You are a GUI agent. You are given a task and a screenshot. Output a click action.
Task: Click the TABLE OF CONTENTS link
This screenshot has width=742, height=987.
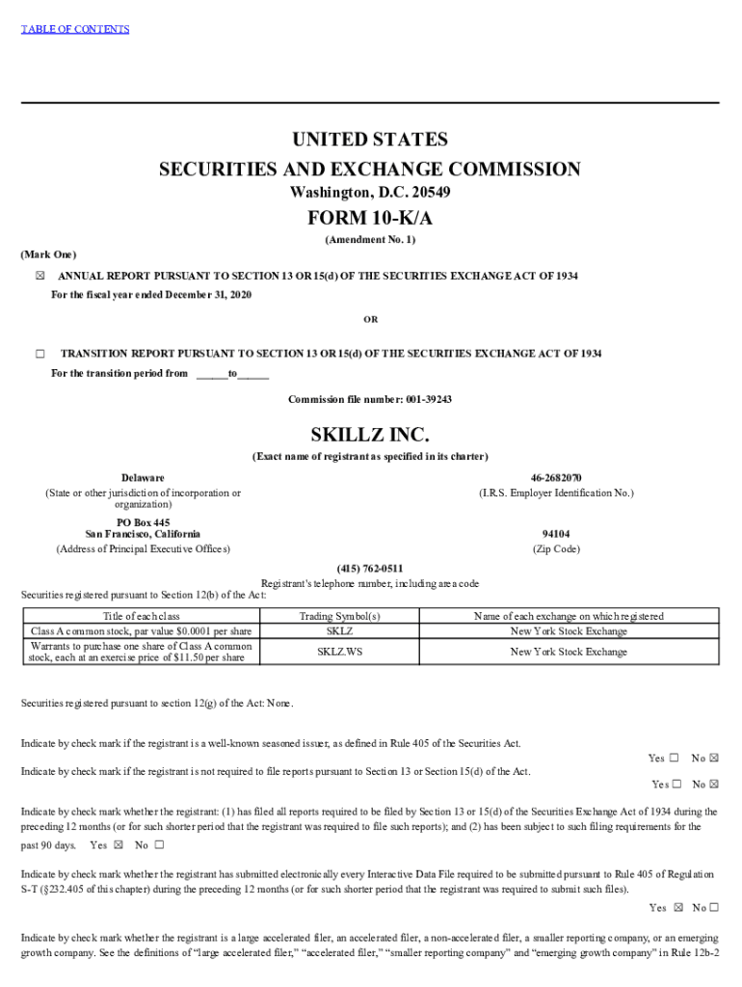tap(75, 29)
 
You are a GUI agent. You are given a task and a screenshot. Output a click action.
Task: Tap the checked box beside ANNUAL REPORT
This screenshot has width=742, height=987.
tap(40, 277)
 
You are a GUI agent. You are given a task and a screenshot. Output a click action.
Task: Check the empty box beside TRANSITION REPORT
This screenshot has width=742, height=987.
tap(40, 354)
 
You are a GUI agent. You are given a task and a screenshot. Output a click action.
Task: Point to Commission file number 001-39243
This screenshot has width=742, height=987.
tap(370, 399)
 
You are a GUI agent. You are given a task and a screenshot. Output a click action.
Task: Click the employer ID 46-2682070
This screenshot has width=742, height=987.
tap(556, 478)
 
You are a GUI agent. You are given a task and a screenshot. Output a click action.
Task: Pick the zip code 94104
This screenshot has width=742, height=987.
tap(556, 534)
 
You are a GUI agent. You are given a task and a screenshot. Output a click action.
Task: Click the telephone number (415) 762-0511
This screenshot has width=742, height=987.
tap(370, 569)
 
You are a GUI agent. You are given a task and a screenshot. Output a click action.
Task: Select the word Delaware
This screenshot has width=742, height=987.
tap(143, 478)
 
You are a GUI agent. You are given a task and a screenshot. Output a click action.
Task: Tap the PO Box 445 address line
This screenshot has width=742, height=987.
tap(143, 522)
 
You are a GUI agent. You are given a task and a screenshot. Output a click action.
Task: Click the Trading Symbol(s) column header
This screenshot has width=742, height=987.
tap(340, 616)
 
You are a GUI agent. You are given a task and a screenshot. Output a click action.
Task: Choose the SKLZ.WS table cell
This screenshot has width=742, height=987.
tap(340, 652)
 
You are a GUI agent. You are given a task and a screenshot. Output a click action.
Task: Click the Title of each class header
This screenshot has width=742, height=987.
tap(142, 616)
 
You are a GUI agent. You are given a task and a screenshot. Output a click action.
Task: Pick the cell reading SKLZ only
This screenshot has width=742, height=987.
tap(340, 631)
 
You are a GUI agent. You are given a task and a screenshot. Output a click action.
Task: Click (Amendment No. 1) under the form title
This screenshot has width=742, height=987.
tap(370, 239)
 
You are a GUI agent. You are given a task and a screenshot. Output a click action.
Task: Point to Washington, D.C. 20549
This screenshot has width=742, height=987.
tap(370, 193)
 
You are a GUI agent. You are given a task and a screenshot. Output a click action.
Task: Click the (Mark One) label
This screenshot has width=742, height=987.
tap(48, 254)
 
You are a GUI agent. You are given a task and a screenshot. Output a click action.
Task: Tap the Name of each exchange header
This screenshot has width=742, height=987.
tap(569, 616)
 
